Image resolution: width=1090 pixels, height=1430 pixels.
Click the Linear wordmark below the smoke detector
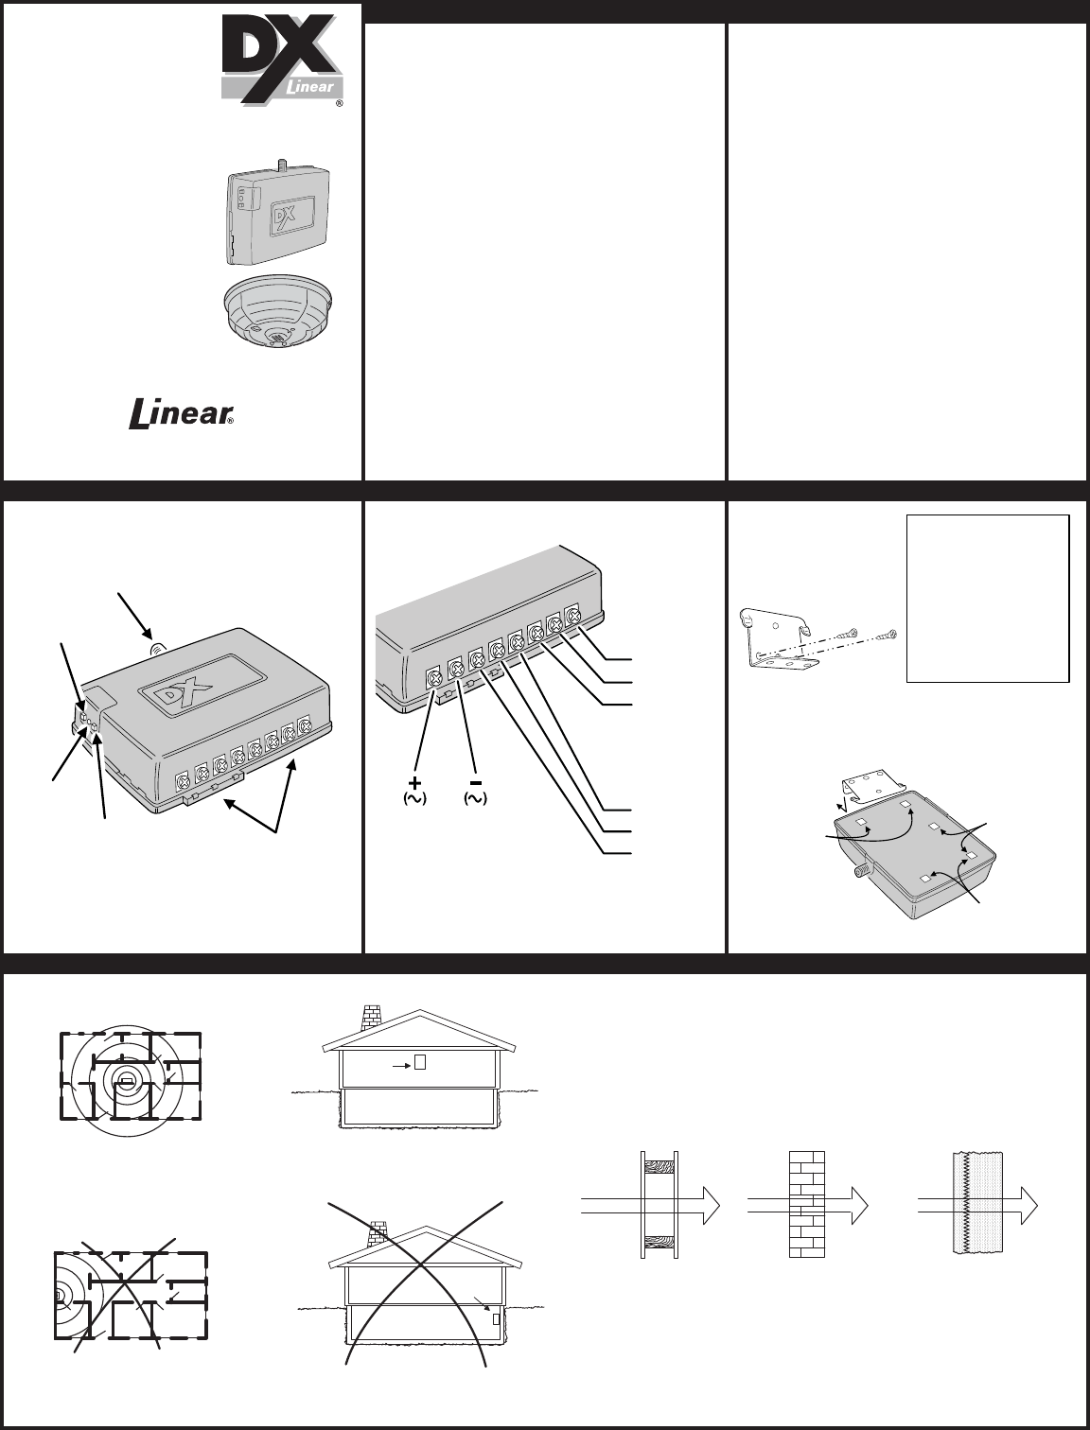click(x=181, y=414)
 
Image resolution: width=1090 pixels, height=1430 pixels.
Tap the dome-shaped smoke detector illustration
click(x=278, y=310)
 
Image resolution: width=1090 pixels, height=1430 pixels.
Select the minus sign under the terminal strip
click(x=476, y=782)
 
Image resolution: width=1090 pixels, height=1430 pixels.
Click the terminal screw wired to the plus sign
click(x=434, y=679)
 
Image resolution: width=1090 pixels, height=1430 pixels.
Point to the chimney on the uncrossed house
click(x=372, y=1019)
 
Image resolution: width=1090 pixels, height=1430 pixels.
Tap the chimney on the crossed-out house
click(x=378, y=1236)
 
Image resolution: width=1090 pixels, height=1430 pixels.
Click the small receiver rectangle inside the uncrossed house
click(x=419, y=1062)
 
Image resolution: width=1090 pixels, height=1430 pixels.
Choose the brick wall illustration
click(x=806, y=1205)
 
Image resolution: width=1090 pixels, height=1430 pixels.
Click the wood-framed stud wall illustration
click(x=659, y=1205)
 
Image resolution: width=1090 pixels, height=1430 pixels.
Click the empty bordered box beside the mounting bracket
click(x=988, y=599)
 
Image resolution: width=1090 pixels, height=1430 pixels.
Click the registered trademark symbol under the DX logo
click(x=339, y=103)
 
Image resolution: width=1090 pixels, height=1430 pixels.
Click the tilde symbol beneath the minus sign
click(x=476, y=798)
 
